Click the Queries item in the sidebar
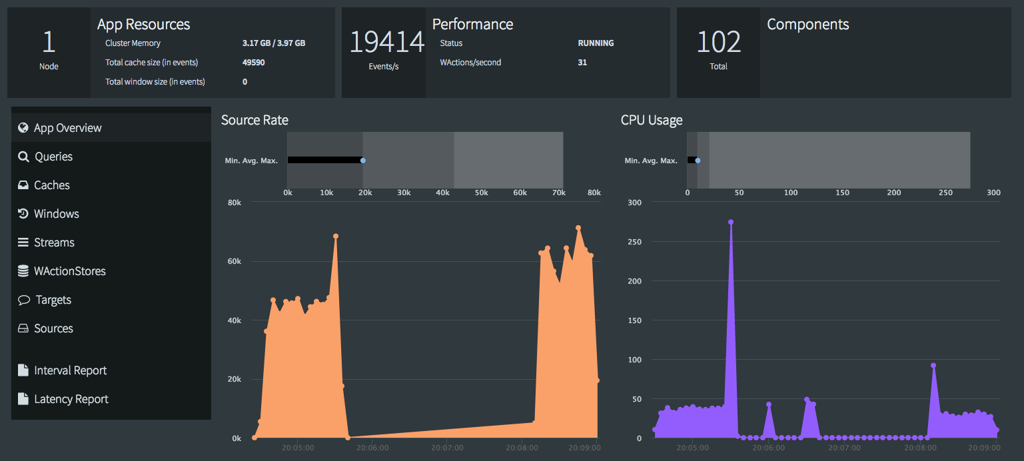click(53, 157)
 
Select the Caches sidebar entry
click(52, 185)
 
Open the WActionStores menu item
click(70, 271)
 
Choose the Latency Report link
click(71, 399)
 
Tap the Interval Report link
click(70, 370)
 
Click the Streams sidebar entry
click(54, 242)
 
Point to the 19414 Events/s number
click(386, 42)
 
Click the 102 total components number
click(718, 43)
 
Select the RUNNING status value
click(596, 43)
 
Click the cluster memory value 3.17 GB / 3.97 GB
click(274, 43)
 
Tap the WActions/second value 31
click(582, 63)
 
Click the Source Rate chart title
click(255, 120)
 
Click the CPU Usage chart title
click(652, 120)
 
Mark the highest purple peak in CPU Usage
click(731, 222)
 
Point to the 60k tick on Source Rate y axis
click(234, 261)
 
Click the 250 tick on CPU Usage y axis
click(634, 242)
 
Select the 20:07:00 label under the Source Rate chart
click(447, 448)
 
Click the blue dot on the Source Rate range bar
click(362, 160)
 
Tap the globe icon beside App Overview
click(23, 128)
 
